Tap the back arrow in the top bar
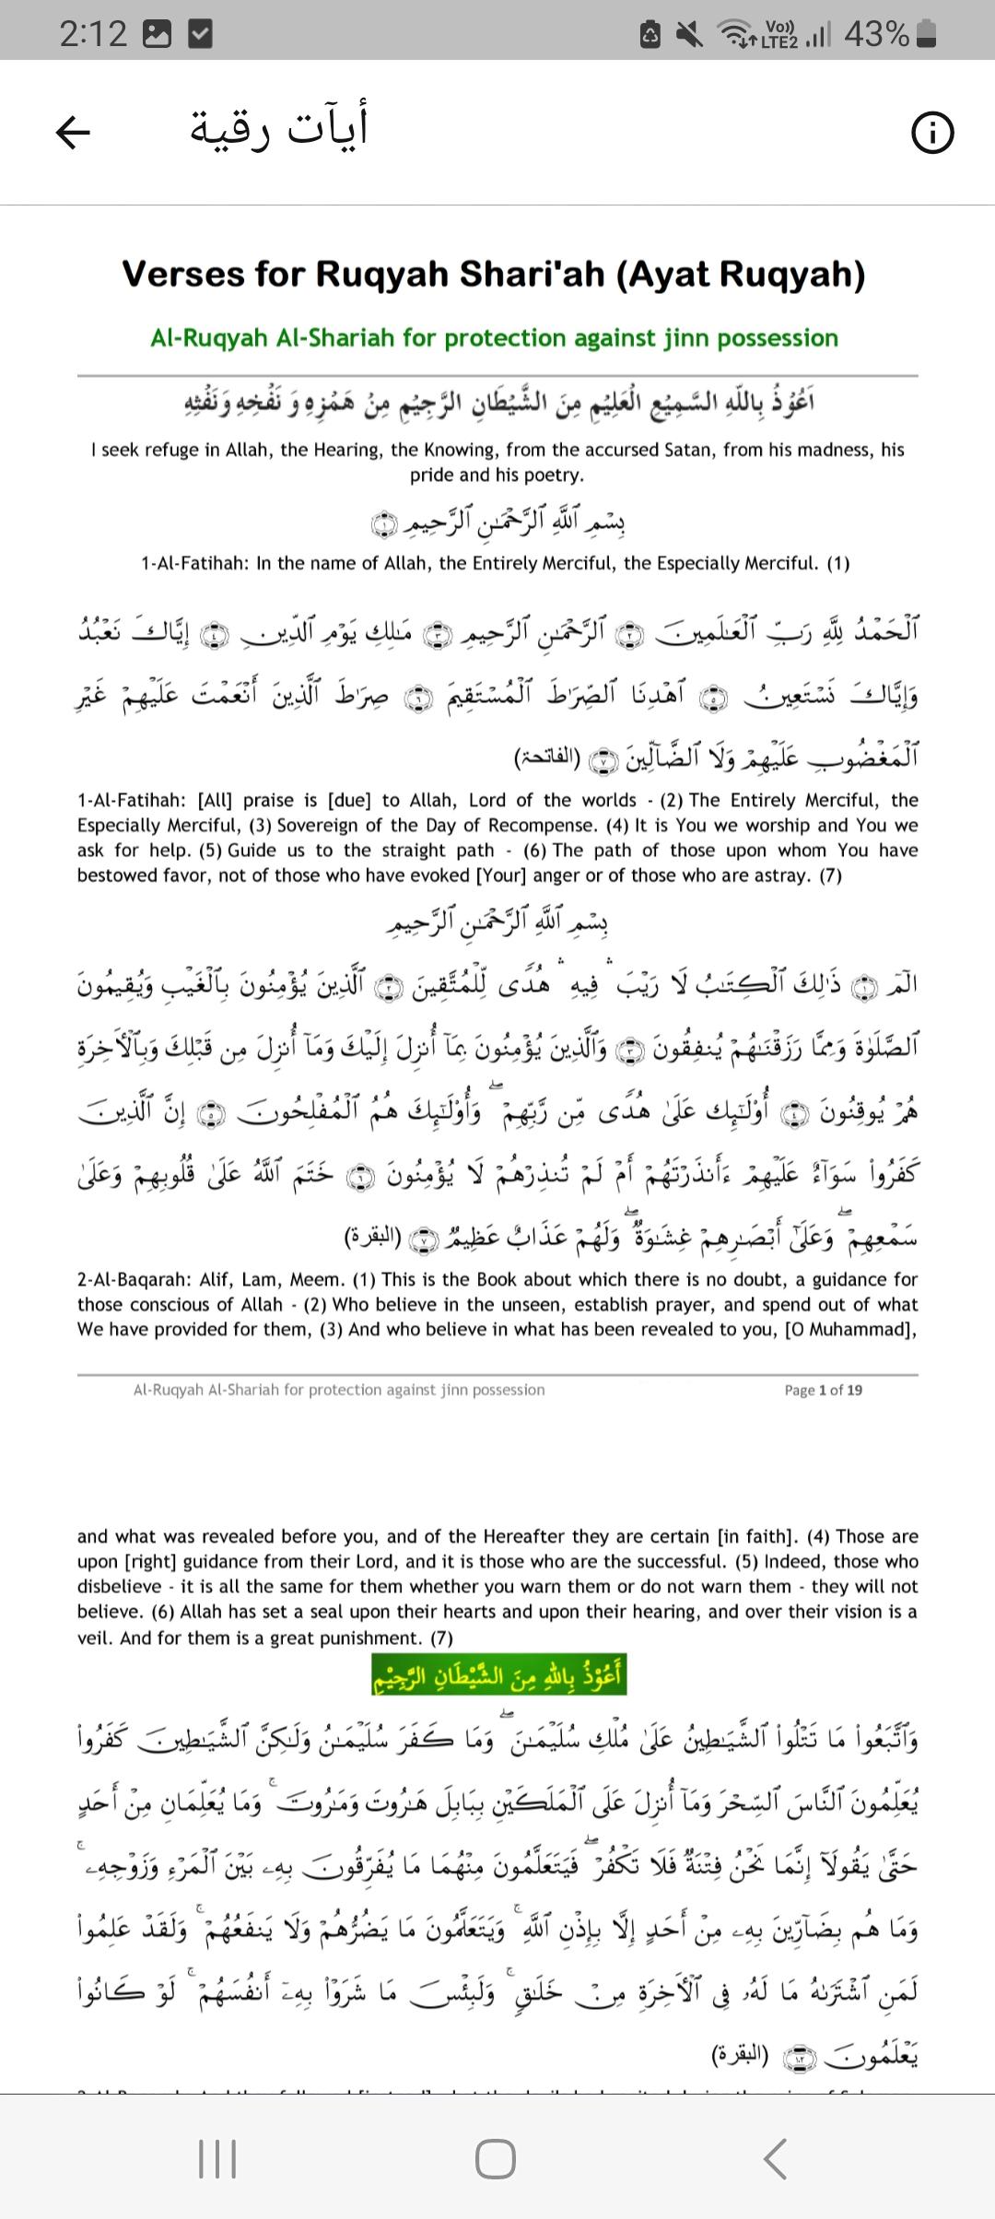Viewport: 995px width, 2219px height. pyautogui.click(x=74, y=134)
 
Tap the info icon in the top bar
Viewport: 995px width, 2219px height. pyautogui.click(x=932, y=135)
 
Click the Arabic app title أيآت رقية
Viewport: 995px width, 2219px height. pyautogui.click(x=279, y=127)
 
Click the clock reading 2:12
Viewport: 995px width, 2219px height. pyautogui.click(x=93, y=35)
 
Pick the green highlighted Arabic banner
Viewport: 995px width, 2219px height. pyautogui.click(x=498, y=1676)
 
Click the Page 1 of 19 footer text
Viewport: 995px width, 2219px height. pyautogui.click(x=823, y=1391)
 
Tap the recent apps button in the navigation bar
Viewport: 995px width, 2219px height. pyautogui.click(x=218, y=2158)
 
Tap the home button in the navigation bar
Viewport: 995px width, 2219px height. pyautogui.click(x=496, y=2158)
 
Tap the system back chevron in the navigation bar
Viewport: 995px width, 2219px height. pyautogui.click(x=776, y=2158)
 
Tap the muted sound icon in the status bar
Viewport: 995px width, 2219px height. pyautogui.click(x=688, y=35)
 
